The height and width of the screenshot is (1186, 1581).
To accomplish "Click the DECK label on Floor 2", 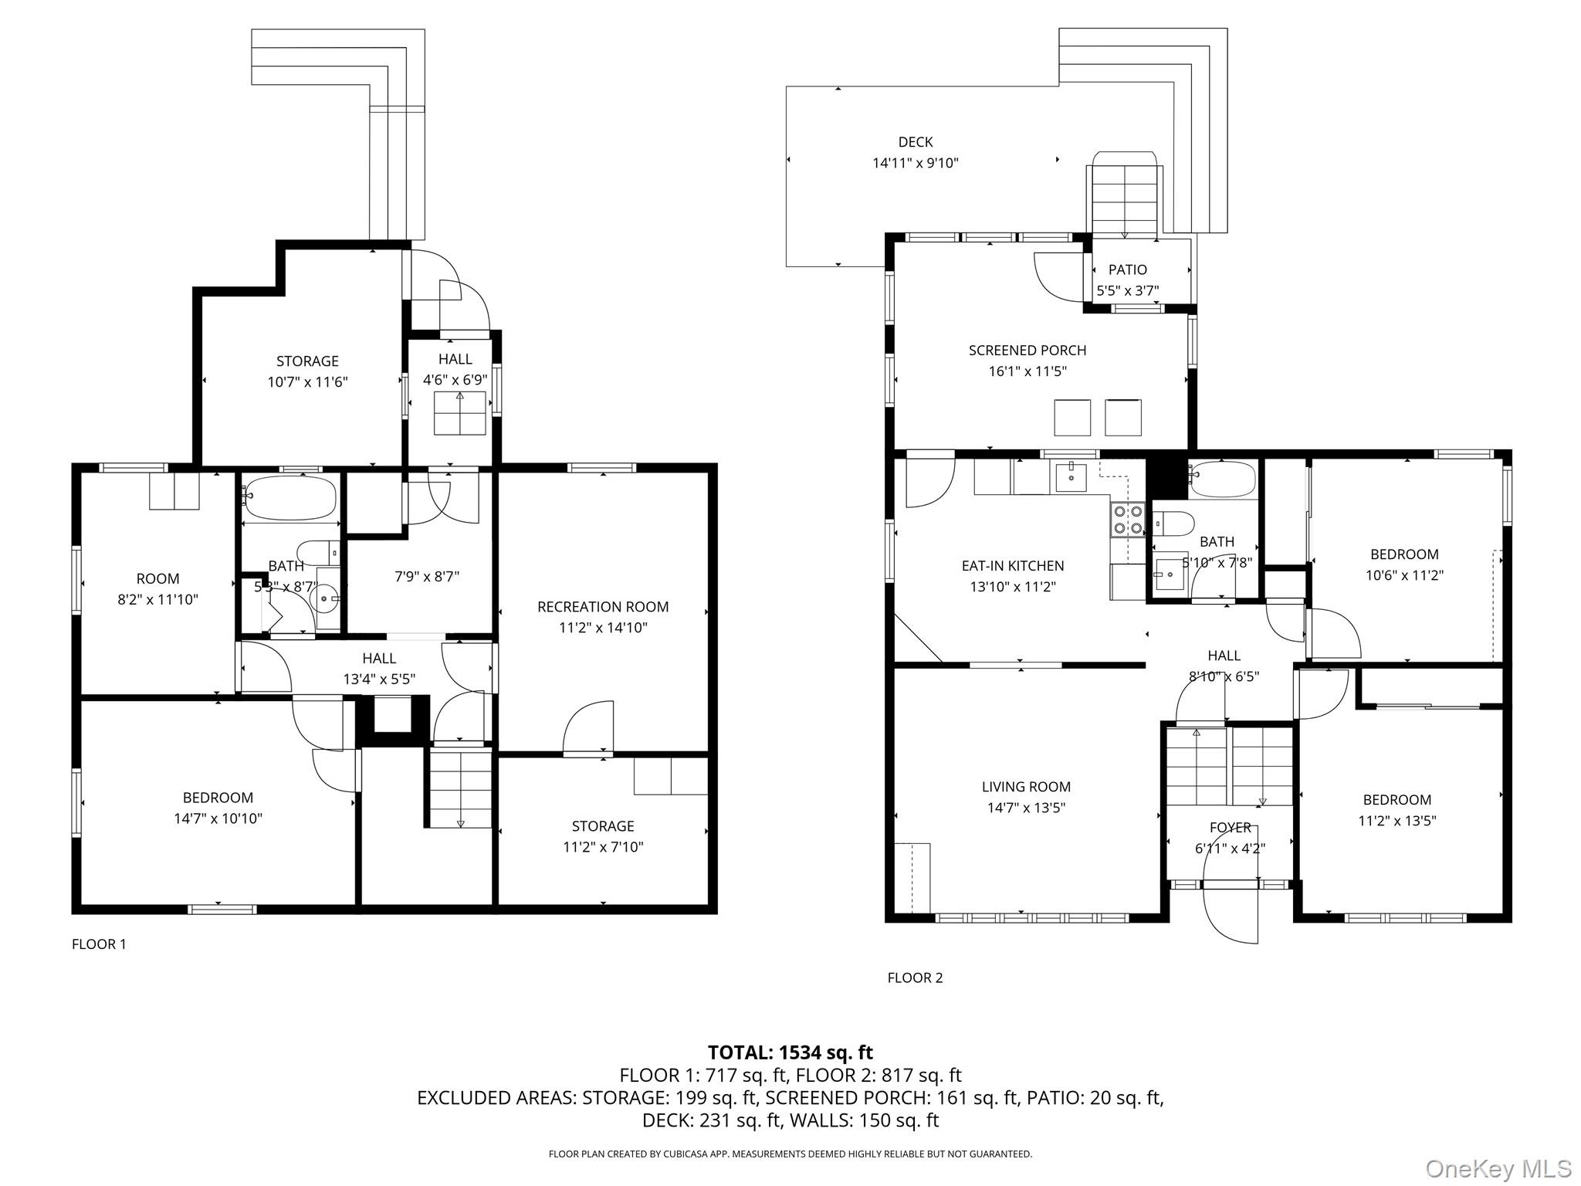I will (x=915, y=142).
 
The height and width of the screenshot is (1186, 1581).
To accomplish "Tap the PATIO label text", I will (x=1127, y=269).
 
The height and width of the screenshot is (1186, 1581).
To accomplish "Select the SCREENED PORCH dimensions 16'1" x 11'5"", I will (x=1027, y=371).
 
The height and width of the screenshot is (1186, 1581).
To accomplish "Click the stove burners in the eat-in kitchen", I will (x=1126, y=520).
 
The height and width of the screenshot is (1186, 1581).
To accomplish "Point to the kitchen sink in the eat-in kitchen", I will (x=1071, y=476).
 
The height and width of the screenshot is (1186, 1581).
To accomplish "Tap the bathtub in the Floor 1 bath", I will (x=289, y=497).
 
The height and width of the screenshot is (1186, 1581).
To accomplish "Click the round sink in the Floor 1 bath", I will (x=323, y=598).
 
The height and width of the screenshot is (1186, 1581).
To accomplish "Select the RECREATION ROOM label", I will (x=602, y=607).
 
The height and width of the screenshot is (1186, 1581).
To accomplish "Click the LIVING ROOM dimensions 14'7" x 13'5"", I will (x=1026, y=808).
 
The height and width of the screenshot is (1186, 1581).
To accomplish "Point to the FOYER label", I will (x=1230, y=828).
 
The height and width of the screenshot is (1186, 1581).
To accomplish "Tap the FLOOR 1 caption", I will (x=99, y=944).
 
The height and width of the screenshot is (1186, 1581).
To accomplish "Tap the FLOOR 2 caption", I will (x=915, y=978).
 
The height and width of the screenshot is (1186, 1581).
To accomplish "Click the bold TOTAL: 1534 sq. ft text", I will (x=790, y=1052).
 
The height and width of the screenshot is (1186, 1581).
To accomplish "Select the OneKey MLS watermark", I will (x=1498, y=1169).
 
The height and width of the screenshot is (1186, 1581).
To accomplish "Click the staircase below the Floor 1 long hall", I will (x=460, y=788).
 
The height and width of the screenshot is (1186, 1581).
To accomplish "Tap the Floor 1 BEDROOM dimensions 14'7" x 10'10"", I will (x=218, y=818).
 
